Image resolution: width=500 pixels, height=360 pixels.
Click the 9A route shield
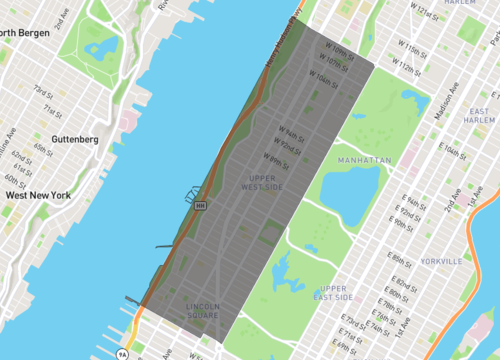[122, 353]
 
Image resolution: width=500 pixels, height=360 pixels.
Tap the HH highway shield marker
[201, 205]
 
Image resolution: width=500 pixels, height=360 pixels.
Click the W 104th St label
[324, 75]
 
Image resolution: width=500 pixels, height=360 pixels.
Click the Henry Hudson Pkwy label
[281, 43]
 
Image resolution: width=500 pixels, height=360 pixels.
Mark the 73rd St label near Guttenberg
[43, 90]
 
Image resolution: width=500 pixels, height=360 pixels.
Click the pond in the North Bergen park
[100, 47]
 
